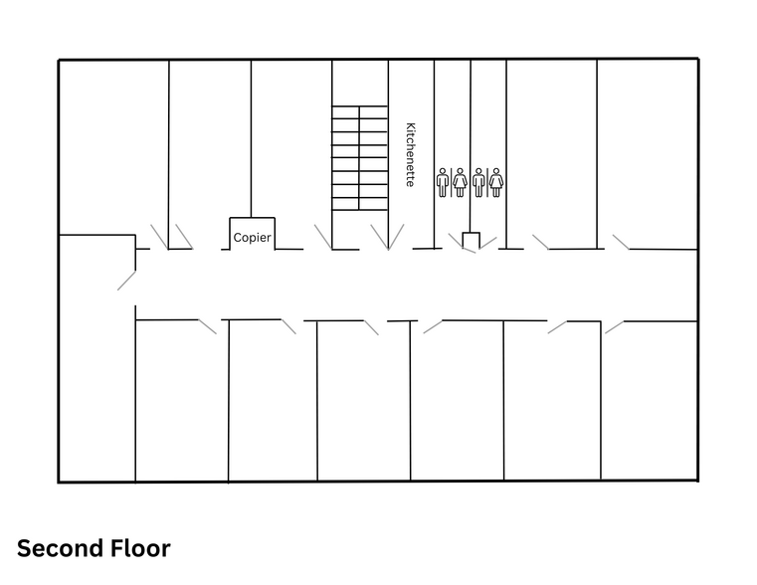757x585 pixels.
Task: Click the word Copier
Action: click(252, 238)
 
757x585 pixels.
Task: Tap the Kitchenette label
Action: click(409, 155)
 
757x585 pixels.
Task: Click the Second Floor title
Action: click(94, 548)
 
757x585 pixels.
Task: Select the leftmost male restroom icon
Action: click(443, 182)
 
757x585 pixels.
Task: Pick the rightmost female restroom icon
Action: click(495, 182)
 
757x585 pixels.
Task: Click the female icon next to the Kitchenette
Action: click(460, 182)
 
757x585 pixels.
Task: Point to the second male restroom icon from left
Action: click(478, 182)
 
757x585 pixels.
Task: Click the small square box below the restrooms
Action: click(472, 240)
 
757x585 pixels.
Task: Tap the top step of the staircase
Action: click(359, 111)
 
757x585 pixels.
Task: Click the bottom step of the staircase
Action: click(359, 204)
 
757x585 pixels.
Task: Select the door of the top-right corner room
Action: click(621, 242)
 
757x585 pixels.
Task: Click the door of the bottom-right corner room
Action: click(614, 326)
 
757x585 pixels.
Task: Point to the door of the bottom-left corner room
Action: click(207, 326)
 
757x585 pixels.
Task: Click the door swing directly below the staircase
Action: click(386, 237)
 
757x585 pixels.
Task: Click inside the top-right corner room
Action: click(647, 149)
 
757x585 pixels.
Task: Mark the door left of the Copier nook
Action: click(183, 236)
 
